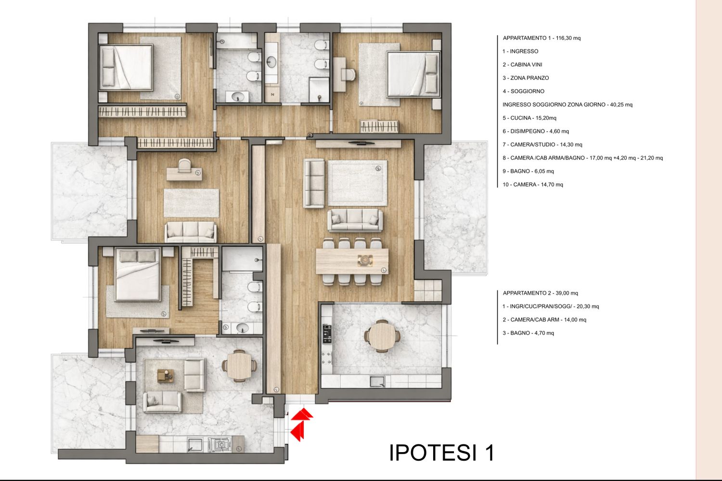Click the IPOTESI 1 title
[x=441, y=453]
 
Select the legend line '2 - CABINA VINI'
[x=522, y=65]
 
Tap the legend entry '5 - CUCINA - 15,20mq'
[x=529, y=118]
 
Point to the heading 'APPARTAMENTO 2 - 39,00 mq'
[x=540, y=293]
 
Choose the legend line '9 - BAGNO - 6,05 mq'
[x=528, y=171]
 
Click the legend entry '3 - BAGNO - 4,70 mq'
[x=528, y=333]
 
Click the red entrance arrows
[x=302, y=424]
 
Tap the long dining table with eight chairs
[x=352, y=262]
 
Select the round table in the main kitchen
[x=382, y=336]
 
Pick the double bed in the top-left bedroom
[x=126, y=68]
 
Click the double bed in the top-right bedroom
[x=413, y=75]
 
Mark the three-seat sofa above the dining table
[x=355, y=220]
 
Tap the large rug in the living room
[x=358, y=183]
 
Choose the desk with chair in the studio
[x=184, y=170]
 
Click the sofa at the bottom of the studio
[x=191, y=232]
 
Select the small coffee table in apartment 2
[x=166, y=376]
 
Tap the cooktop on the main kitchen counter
[x=327, y=357]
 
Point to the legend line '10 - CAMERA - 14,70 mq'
[x=532, y=185]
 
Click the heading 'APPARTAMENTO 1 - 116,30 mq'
[x=541, y=38]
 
